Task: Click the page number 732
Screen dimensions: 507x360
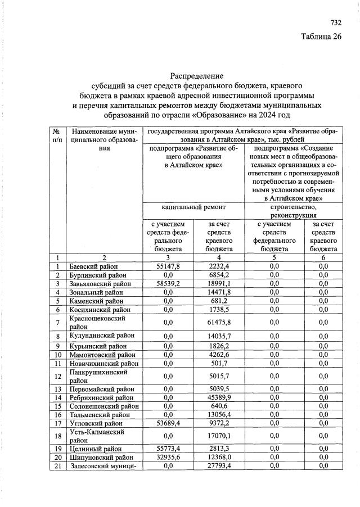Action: (x=335, y=23)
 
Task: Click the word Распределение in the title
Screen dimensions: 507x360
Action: (x=197, y=76)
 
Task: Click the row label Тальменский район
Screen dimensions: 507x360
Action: (x=97, y=415)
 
